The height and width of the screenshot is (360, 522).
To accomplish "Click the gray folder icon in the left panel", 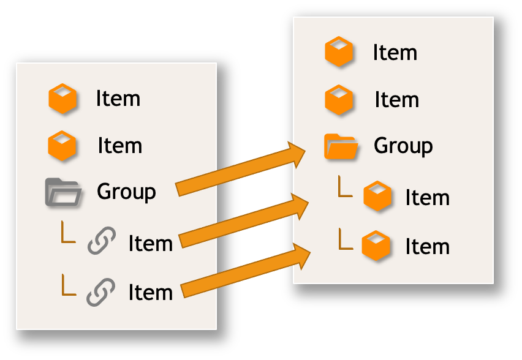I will click(63, 192).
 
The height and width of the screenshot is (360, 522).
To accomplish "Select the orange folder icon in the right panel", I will click(341, 146).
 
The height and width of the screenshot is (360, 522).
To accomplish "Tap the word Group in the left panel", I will click(126, 192).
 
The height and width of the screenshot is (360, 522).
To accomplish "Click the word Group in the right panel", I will click(403, 146).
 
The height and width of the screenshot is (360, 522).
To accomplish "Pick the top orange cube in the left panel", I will click(62, 99).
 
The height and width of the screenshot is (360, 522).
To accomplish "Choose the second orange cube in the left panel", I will click(62, 146).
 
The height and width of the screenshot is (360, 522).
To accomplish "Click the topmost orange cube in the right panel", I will click(339, 52).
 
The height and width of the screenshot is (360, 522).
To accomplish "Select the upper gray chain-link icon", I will click(102, 241).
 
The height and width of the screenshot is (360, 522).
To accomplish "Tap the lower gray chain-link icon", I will click(101, 291).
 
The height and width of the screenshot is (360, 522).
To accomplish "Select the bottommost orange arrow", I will click(245, 271).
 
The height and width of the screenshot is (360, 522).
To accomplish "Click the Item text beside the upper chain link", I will click(150, 244).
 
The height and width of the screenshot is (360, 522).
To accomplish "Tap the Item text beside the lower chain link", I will click(150, 293).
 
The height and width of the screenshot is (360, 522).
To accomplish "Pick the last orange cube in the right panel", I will click(377, 245).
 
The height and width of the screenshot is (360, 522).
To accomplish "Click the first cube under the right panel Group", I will click(377, 197).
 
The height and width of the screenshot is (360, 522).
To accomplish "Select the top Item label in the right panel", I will click(395, 53).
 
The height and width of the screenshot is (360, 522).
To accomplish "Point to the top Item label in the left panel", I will click(118, 99).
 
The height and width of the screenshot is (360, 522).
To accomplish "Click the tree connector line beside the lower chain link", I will click(67, 285).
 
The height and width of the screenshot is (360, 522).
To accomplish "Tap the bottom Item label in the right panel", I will click(427, 246).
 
